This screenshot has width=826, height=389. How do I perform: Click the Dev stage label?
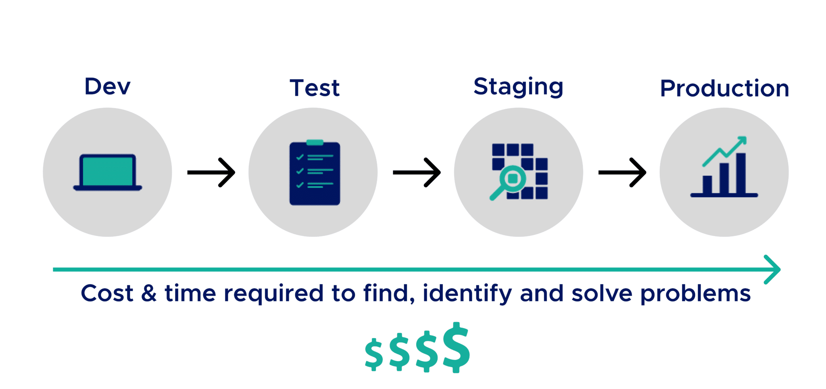(107, 86)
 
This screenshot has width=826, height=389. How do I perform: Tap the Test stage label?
(315, 88)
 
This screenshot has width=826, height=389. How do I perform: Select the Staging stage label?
(518, 87)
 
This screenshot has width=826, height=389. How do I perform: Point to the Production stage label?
(724, 88)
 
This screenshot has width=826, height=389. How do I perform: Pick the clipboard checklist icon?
(315, 174)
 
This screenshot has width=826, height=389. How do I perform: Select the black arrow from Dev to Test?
(211, 172)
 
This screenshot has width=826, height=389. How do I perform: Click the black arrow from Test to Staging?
(417, 172)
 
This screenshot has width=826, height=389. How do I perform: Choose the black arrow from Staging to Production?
(622, 172)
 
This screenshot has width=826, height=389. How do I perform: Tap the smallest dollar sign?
(374, 354)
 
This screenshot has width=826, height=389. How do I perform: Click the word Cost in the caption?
(107, 293)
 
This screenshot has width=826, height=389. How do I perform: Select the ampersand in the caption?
(149, 293)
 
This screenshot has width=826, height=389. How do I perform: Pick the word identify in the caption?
(467, 293)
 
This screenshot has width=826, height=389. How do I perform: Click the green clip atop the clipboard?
(315, 142)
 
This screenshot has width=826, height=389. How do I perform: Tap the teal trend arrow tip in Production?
(743, 140)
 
